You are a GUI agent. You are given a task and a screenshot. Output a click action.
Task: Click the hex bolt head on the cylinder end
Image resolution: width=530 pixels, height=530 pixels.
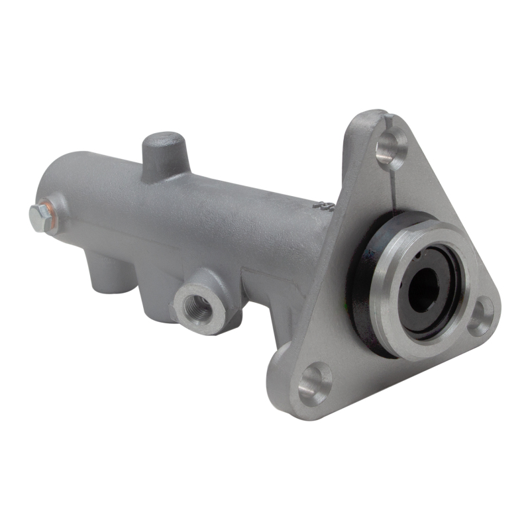coord(40,217)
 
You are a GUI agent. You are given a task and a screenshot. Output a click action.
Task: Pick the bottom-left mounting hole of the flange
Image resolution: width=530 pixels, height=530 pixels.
coord(314,381)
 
